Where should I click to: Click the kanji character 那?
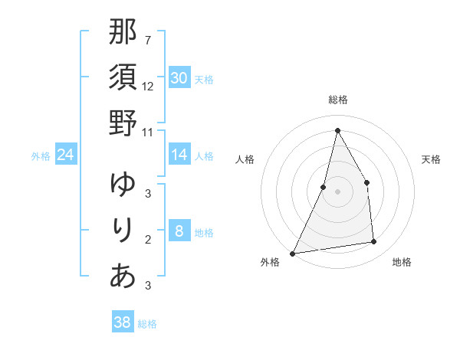(123, 33)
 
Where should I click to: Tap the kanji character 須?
(123, 78)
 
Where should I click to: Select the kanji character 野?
(123, 123)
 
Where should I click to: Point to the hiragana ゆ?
(123, 185)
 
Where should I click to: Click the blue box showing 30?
(179, 78)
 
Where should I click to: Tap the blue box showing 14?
(179, 155)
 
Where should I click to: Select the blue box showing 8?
(179, 231)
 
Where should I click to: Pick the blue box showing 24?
(66, 155)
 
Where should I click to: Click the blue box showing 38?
(123, 322)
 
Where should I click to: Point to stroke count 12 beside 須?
(148, 87)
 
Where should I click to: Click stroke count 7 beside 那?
(147, 41)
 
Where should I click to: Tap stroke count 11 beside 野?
(148, 132)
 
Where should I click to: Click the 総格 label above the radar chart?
(338, 100)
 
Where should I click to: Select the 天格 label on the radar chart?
(431, 159)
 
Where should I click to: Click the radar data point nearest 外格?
(292, 254)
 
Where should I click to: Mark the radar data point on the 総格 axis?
(337, 130)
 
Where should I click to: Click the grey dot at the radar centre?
(337, 191)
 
